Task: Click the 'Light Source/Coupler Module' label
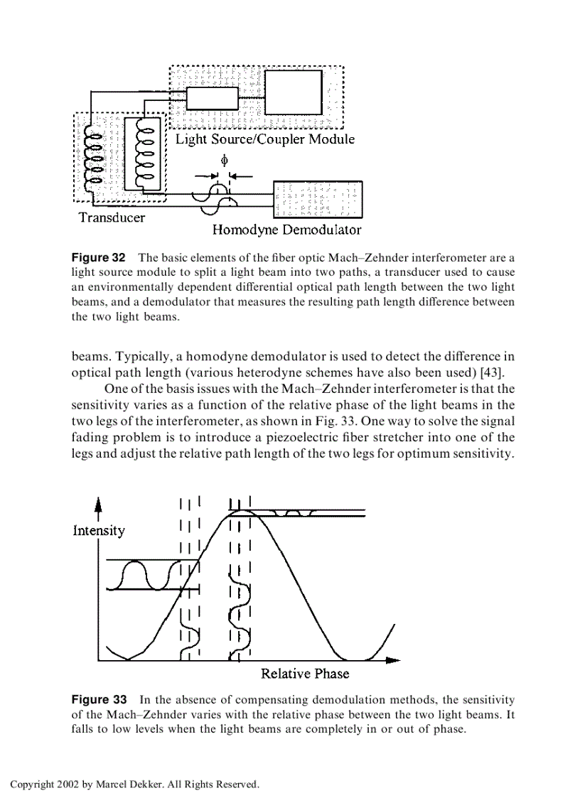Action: tap(264, 139)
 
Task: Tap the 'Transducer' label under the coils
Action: tap(112, 217)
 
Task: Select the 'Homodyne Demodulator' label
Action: tap(286, 230)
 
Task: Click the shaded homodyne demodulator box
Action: tap(318, 199)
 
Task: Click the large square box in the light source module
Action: tap(293, 92)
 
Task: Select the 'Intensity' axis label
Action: tap(99, 531)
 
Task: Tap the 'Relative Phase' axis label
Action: tap(305, 674)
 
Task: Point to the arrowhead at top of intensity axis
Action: tap(99, 504)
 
